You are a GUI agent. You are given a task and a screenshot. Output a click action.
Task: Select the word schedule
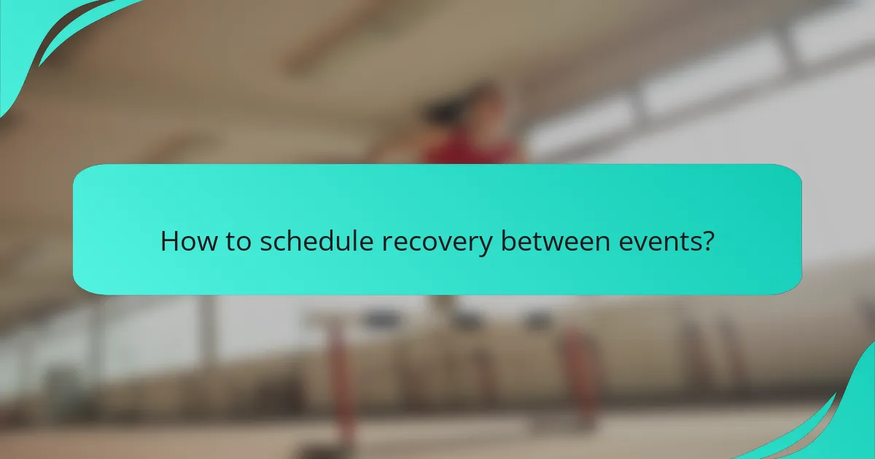click(319, 241)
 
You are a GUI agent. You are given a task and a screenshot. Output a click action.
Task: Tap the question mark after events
click(706, 241)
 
